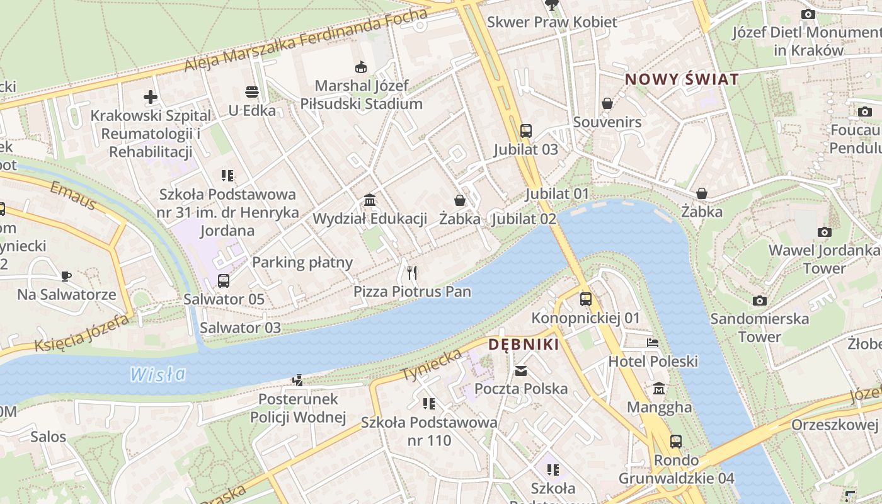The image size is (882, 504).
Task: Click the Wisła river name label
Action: point(158,374)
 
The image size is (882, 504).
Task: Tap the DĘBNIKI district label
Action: point(524,345)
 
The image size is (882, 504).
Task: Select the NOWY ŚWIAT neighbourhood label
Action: point(681,79)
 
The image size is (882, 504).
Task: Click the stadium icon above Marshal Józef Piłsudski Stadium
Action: point(361,67)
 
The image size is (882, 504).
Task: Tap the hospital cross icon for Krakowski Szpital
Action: point(150,97)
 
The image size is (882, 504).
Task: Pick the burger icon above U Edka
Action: point(252,92)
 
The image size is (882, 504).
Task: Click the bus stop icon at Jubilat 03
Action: point(526,131)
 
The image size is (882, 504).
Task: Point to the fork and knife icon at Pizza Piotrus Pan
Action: point(412,273)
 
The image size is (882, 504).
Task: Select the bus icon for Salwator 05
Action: point(224,280)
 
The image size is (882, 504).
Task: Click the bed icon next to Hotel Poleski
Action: point(653,343)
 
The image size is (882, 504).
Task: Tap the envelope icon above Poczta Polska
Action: point(521,370)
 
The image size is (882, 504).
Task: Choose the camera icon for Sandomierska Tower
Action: point(760,301)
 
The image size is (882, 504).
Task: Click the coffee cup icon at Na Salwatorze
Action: point(66,276)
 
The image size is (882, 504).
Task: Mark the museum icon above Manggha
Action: point(659,388)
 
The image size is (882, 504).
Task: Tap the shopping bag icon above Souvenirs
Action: point(607,103)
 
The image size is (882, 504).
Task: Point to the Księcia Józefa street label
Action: point(82,333)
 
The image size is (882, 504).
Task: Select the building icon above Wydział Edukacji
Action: point(370,200)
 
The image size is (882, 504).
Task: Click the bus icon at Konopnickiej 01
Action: point(586,299)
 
